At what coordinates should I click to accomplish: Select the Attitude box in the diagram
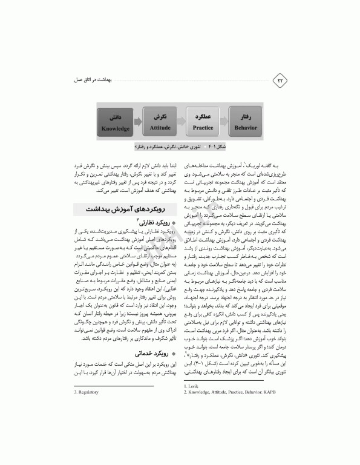[160, 121]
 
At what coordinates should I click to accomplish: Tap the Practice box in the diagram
[203, 121]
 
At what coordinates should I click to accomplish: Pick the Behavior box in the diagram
[246, 121]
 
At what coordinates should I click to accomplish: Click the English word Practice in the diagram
[203, 128]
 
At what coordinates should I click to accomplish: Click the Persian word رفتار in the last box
[246, 114]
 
